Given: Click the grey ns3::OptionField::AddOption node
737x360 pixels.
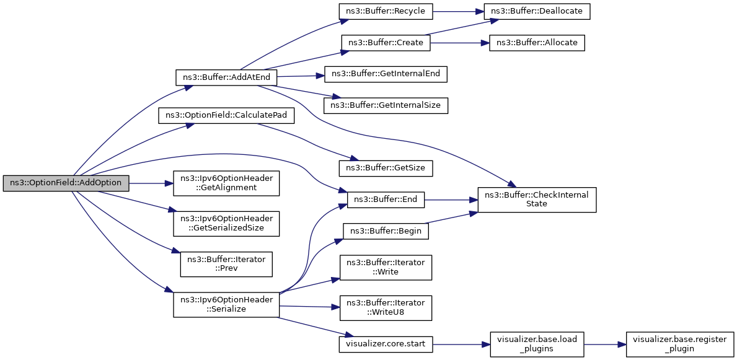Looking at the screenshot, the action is (x=66, y=183).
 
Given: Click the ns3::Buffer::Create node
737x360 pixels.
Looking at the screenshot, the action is (x=386, y=43).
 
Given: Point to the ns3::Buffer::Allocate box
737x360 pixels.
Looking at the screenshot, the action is (x=537, y=43).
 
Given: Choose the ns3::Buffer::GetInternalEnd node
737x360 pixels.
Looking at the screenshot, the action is (x=386, y=74).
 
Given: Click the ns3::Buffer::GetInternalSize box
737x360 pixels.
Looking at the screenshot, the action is (x=386, y=105).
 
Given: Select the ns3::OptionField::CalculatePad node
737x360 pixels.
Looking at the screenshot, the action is (x=226, y=116).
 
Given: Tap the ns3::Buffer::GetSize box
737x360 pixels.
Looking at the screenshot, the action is (x=386, y=169).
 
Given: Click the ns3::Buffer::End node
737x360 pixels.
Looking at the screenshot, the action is (x=386, y=200).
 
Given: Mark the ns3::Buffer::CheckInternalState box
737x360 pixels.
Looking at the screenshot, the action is (x=537, y=200).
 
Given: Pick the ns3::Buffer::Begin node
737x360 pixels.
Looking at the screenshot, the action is (x=386, y=231).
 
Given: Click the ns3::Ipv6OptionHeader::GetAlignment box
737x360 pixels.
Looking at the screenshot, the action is (x=226, y=183).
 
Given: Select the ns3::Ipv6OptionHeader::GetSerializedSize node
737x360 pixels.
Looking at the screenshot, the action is (x=226, y=224).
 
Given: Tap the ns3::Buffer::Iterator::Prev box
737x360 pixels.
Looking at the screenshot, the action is (x=226, y=264).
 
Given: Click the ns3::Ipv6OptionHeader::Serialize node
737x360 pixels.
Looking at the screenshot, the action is (x=226, y=304).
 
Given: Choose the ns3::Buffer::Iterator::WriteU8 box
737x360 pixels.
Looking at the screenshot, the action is (x=386, y=307).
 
